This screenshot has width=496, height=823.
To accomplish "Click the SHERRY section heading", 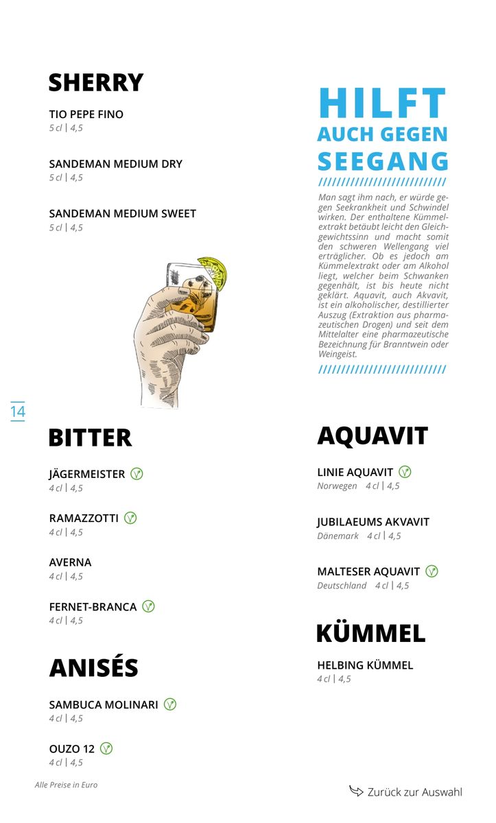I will (95, 82).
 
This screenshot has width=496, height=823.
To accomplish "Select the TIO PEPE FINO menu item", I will (86, 115).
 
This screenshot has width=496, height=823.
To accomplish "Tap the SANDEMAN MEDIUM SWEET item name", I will (122, 214).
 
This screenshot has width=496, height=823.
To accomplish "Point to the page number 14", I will (18, 411).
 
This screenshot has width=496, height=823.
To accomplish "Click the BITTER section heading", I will (90, 438).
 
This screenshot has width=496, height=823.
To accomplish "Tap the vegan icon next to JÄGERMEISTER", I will (137, 474).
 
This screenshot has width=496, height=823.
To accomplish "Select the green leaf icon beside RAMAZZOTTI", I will (130, 518).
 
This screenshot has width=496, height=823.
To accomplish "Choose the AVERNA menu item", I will (70, 562).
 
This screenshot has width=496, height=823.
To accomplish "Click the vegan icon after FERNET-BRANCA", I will (148, 606).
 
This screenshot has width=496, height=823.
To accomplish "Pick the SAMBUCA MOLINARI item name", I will (104, 705).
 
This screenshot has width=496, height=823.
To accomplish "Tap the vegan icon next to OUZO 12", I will (106, 748).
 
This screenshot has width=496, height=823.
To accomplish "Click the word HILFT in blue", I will (382, 104).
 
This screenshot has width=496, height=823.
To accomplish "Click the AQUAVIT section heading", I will (373, 436).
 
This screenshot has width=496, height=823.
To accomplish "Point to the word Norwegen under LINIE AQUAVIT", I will (337, 486).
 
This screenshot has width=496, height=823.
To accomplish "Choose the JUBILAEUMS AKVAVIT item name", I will (373, 522).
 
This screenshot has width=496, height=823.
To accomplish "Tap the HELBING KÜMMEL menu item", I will (365, 665).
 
